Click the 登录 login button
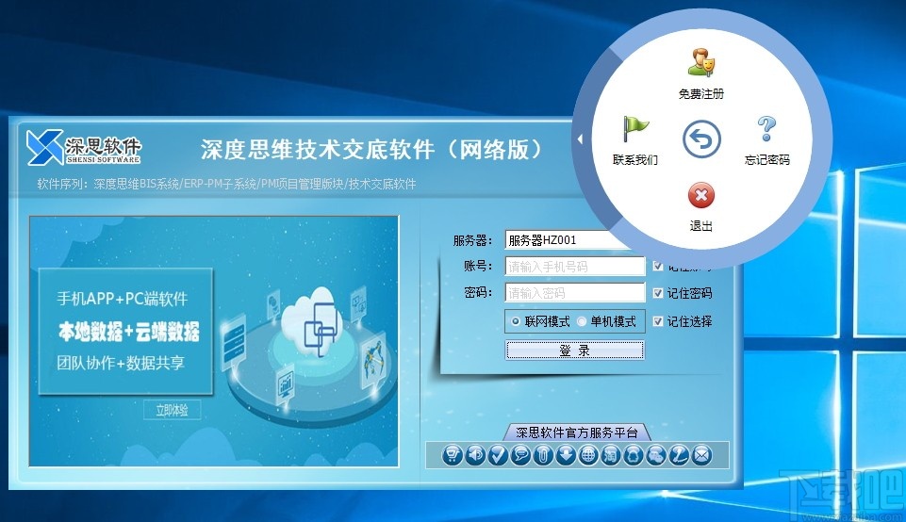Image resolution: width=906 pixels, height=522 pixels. [575, 351]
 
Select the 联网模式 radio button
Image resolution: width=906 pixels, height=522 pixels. [515, 321]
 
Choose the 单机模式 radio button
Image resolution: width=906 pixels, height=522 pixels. [582, 321]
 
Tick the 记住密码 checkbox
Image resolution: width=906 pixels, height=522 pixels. [658, 293]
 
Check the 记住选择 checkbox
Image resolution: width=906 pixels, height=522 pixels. [658, 321]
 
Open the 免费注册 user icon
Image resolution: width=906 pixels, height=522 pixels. [700, 63]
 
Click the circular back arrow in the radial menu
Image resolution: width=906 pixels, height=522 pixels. [700, 140]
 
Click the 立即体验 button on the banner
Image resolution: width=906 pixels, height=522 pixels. [172, 410]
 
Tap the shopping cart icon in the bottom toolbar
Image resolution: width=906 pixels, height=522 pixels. [453, 455]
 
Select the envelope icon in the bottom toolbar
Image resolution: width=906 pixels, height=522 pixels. [700, 455]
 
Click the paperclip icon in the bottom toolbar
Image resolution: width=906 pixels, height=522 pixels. [542, 455]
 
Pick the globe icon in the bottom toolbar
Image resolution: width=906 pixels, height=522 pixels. [587, 455]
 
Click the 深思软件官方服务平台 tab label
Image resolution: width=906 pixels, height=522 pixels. [576, 433]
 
